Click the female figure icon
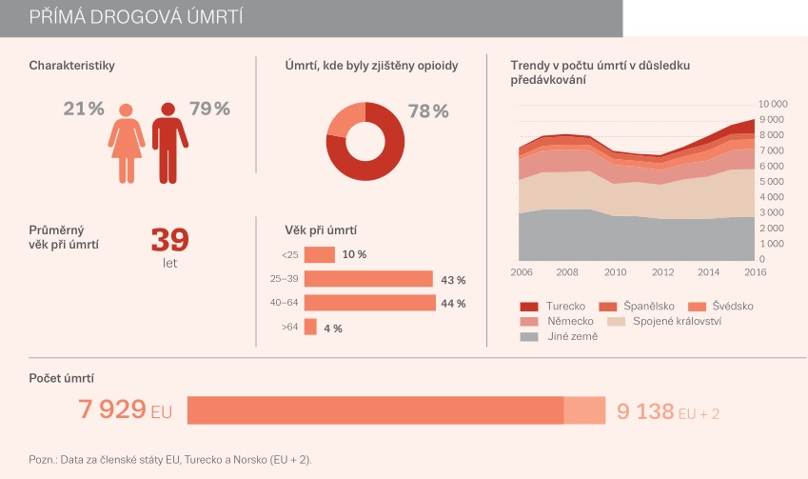pyautogui.click(x=127, y=143)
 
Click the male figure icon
pyautogui.click(x=168, y=142)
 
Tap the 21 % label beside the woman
pyautogui.click(x=84, y=109)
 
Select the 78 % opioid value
pyautogui.click(x=428, y=111)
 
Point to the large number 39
pyautogui.click(x=170, y=239)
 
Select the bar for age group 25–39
pyautogui.click(x=368, y=279)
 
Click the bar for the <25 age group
pyautogui.click(x=320, y=255)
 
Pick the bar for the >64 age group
pyautogui.click(x=310, y=328)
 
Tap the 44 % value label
pyautogui.click(x=453, y=304)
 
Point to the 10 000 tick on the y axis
pyautogui.click(x=772, y=103)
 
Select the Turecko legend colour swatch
pyautogui.click(x=529, y=307)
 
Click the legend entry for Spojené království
pyautogui.click(x=677, y=322)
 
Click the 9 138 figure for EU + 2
pyautogui.click(x=643, y=411)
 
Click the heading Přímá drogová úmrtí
pyautogui.click(x=135, y=17)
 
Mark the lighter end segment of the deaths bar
pyautogui.click(x=584, y=410)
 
